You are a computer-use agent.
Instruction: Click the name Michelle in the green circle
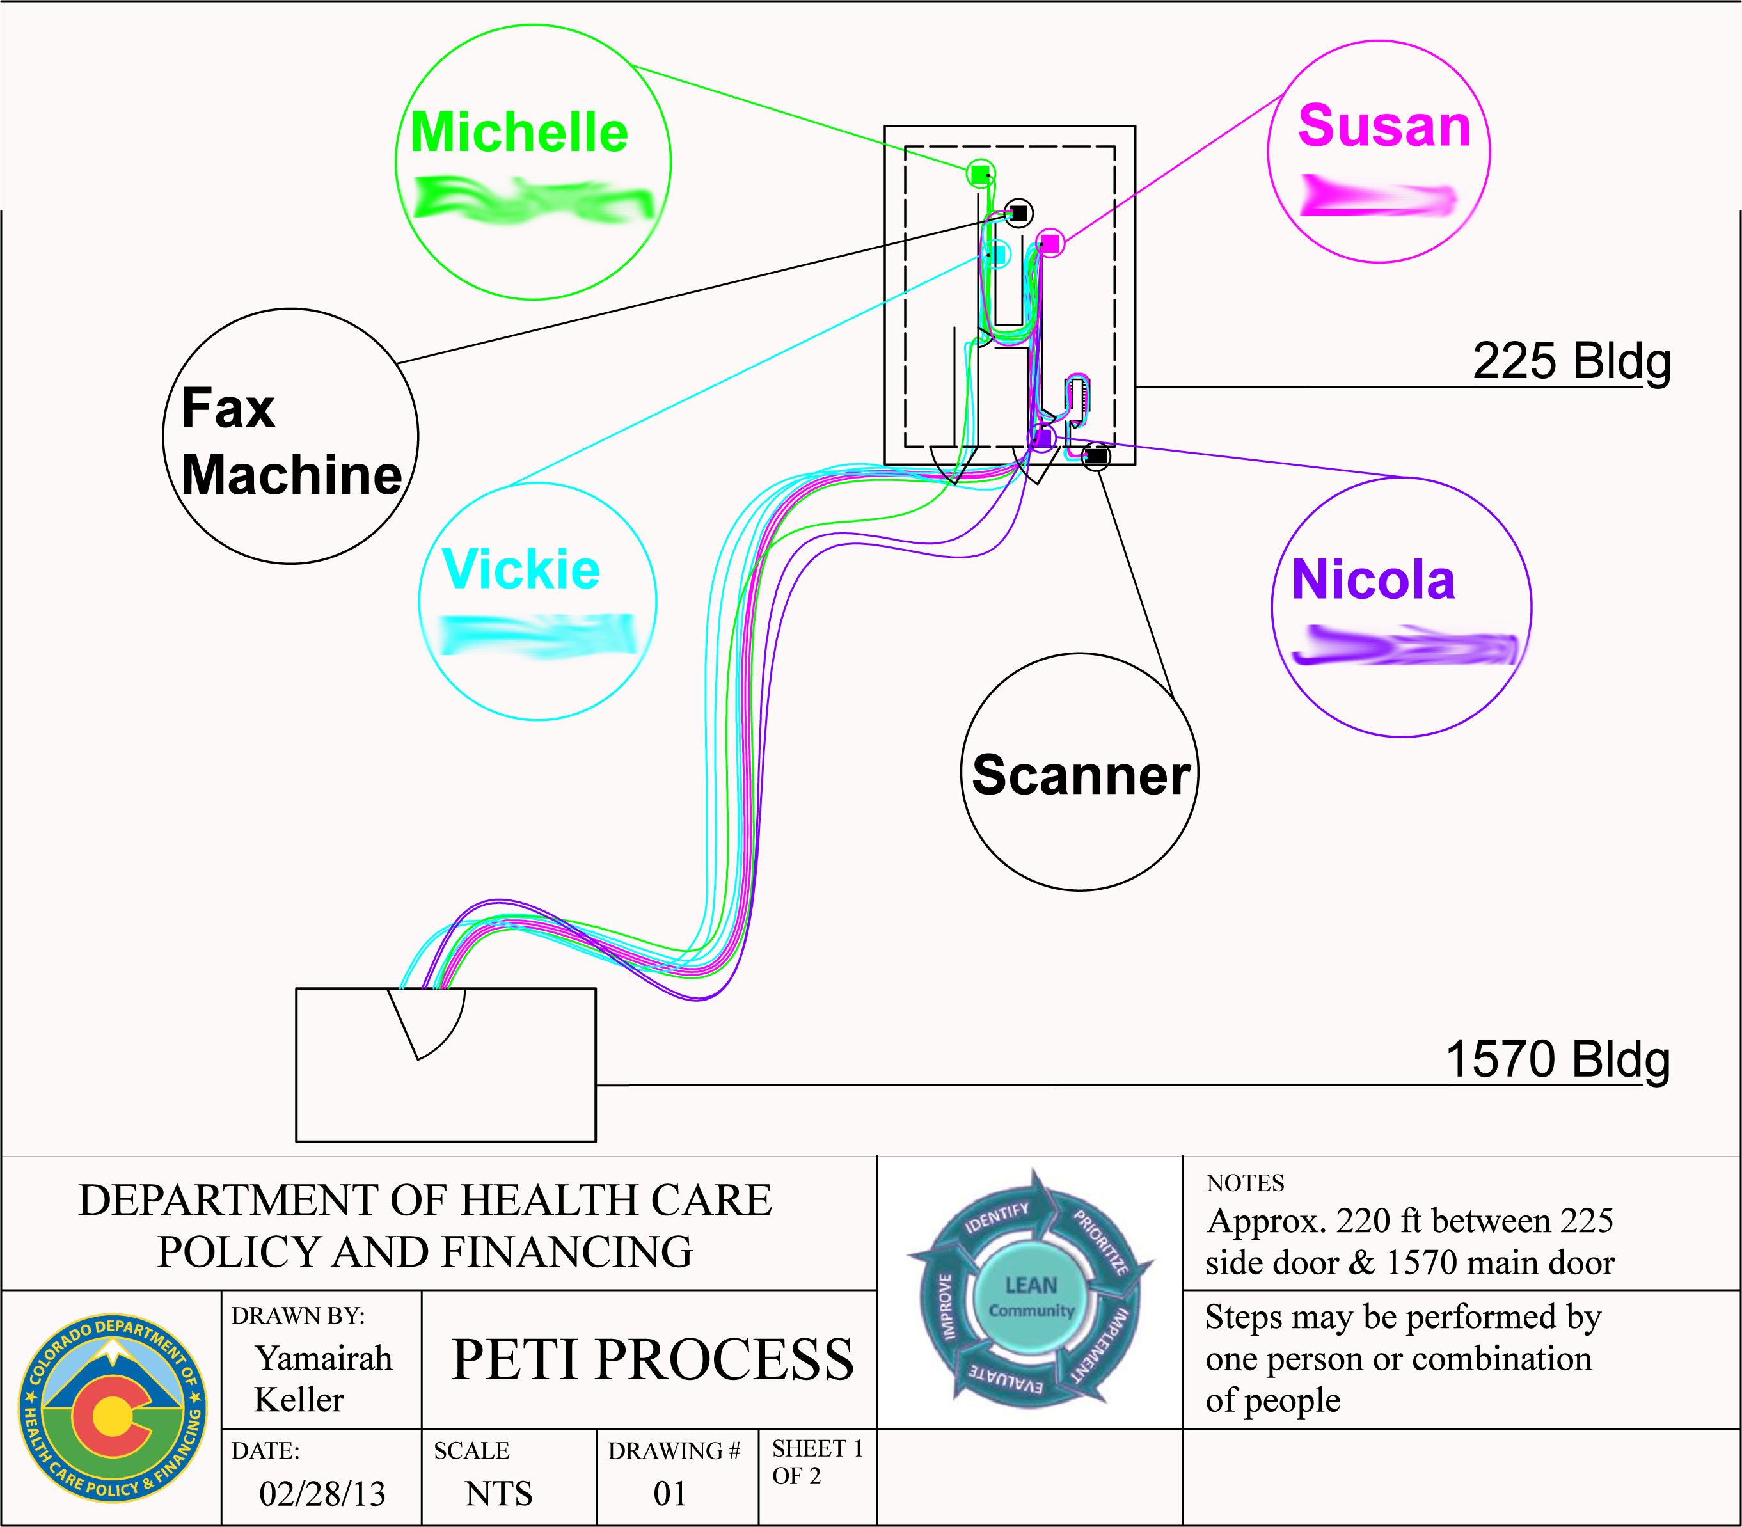519,133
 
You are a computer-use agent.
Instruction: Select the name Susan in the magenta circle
1384,127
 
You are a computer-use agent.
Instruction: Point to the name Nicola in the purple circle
1373,580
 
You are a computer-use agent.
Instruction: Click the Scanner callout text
1080,775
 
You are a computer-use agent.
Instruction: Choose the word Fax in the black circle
228,408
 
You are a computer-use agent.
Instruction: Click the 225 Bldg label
1571,361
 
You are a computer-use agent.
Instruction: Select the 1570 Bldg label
1557,1059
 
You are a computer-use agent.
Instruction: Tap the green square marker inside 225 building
980,174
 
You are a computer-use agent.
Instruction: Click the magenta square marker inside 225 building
1051,243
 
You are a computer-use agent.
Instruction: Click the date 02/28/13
322,1494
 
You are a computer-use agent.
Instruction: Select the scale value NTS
498,1494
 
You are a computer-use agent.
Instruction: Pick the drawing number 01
670,1494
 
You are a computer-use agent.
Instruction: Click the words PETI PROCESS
652,1359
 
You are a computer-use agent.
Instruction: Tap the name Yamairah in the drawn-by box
324,1358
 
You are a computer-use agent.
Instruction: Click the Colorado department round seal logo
112,1408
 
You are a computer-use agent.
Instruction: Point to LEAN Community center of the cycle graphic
1031,1296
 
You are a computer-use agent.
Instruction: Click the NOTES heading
1245,1183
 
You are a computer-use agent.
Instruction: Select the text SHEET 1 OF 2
816,1461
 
